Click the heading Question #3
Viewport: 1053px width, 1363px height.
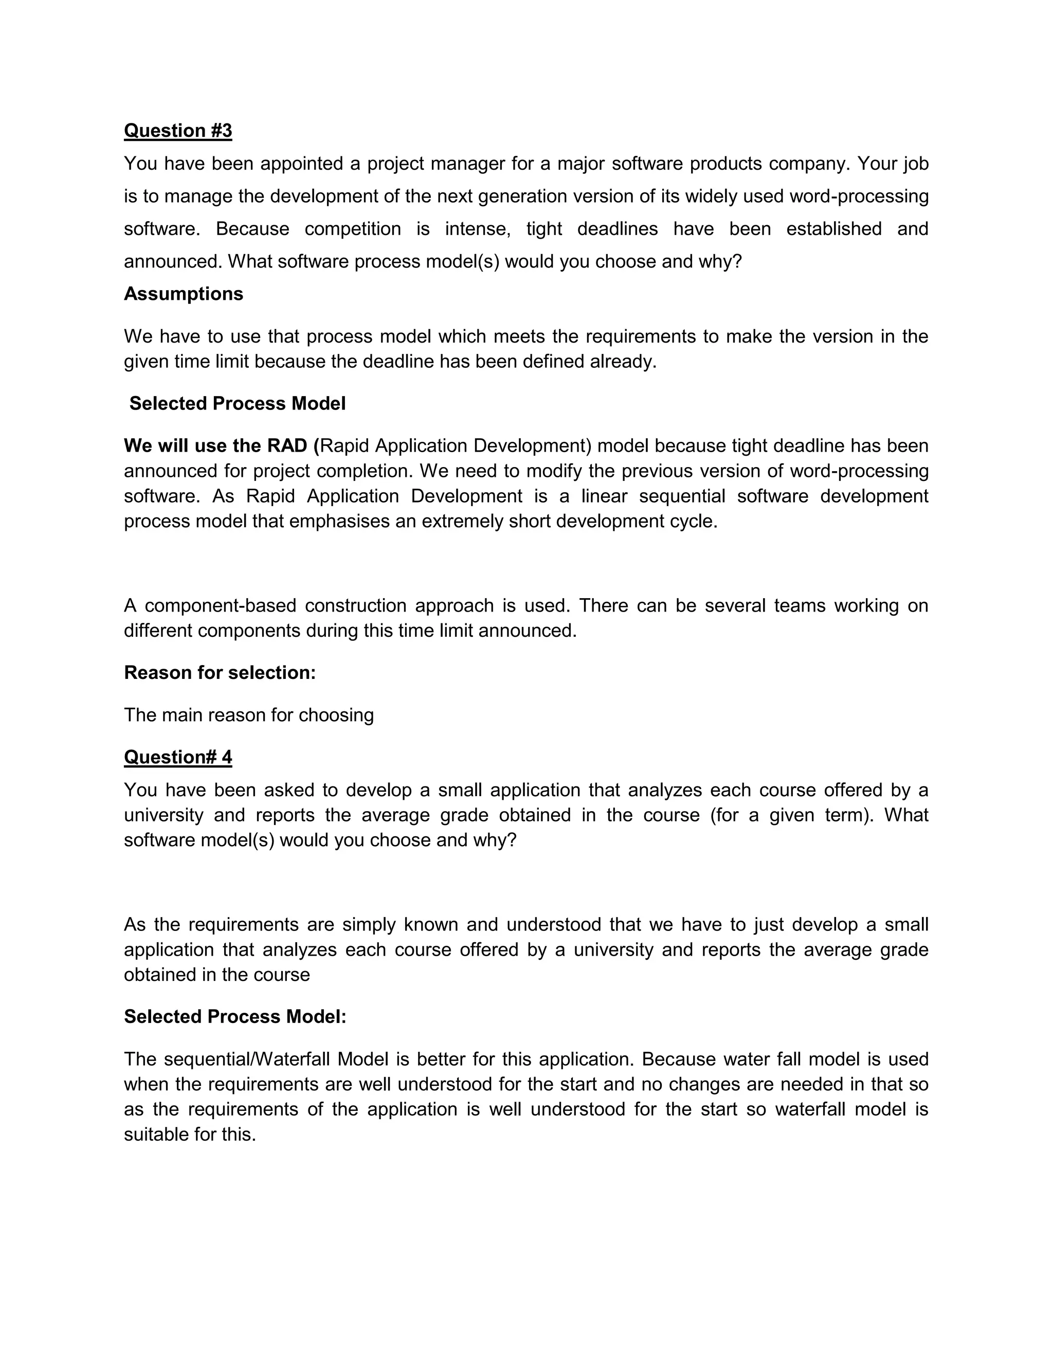(x=178, y=131)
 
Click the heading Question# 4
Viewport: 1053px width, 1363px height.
(x=178, y=757)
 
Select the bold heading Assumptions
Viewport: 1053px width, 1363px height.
(x=184, y=294)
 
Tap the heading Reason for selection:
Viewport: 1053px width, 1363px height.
(x=220, y=672)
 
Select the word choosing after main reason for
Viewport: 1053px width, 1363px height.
(x=336, y=715)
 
